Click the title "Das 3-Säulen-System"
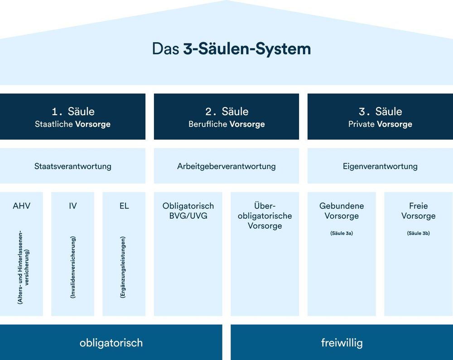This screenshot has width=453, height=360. [231, 49]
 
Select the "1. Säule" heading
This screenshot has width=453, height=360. [72, 111]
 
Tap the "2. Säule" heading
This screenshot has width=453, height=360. [226, 111]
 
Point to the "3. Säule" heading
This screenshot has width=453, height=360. [380, 111]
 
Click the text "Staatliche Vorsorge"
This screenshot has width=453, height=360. [72, 124]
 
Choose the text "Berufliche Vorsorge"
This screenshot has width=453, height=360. [226, 124]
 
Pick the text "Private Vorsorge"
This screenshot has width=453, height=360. [380, 124]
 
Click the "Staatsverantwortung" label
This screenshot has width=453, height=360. [72, 166]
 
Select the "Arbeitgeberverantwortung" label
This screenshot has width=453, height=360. [226, 166]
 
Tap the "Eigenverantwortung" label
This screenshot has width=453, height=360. [380, 166]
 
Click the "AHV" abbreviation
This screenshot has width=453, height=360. [22, 206]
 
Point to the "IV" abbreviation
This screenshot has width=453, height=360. [72, 206]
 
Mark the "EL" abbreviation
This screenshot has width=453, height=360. [124, 206]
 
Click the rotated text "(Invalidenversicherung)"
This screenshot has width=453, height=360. [73, 267]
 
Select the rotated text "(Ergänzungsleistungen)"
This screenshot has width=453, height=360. [123, 267]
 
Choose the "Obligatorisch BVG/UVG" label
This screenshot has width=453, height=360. [188, 211]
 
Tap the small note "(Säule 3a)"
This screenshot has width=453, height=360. [342, 234]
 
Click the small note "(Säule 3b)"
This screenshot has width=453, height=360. [418, 234]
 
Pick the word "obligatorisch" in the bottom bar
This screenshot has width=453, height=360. [111, 343]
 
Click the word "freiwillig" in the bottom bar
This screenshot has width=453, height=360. [342, 343]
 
